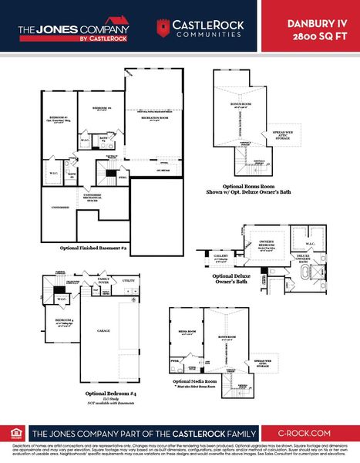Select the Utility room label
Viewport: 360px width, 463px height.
click(128, 282)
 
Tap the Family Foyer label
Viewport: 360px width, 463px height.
click(103, 280)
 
